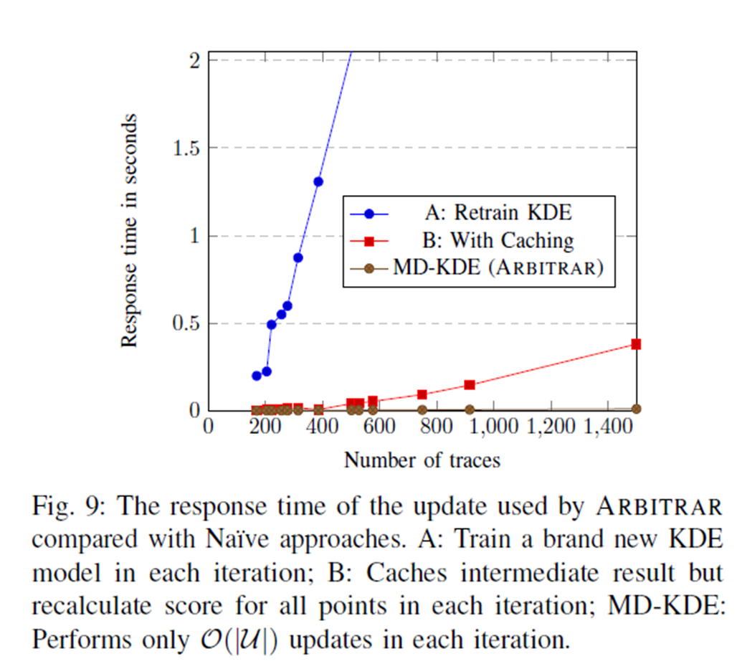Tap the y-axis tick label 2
(195, 61)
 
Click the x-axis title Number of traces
(422, 460)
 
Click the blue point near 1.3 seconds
(318, 181)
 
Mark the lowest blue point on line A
(257, 376)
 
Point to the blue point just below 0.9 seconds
(298, 257)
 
